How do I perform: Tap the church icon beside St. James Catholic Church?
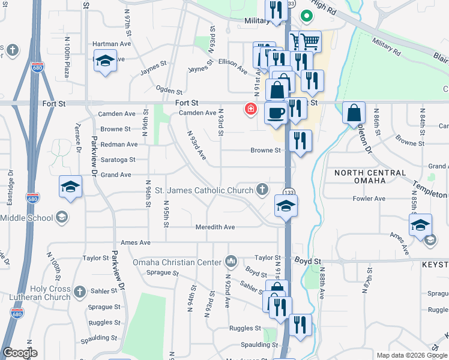pos(262,190)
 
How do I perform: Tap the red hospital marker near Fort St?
pos(249,109)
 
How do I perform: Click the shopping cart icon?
pos(310,41)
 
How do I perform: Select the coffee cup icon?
pos(276,112)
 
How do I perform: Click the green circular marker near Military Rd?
pos(307,16)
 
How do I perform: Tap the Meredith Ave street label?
pos(215,227)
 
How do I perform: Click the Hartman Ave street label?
pos(111,44)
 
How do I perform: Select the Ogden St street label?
pos(169,91)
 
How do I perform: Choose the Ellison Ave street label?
pos(233,65)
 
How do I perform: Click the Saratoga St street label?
pos(118,160)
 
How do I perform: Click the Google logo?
pos(20,353)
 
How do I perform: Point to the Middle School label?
pos(26,218)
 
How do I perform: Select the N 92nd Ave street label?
pos(228,291)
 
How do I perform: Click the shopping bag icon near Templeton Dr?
pos(354,112)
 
